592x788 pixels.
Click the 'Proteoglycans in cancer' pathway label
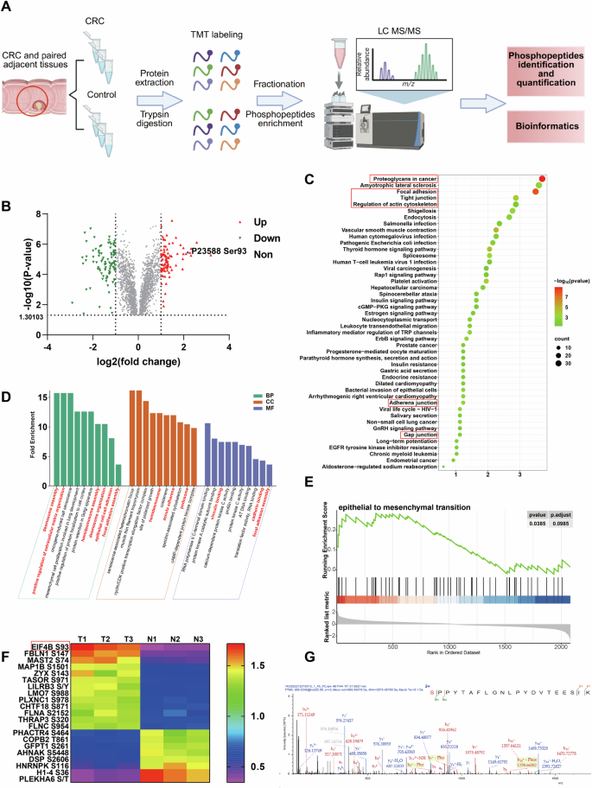(x=394, y=180)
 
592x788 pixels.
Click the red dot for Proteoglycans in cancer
(x=541, y=180)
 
